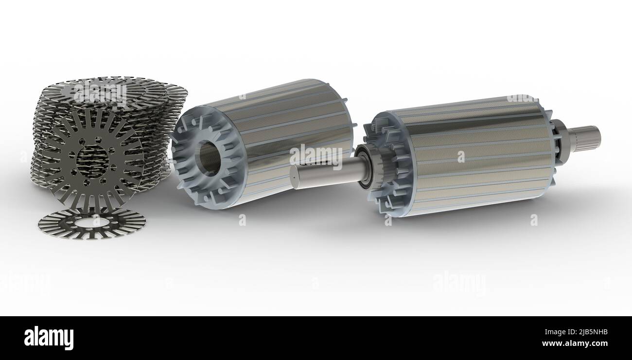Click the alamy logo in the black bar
coord(49,338)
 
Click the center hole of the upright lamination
coord(92,161)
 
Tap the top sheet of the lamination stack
coord(112,90)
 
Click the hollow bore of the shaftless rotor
coord(210,158)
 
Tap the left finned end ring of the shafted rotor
coord(389,165)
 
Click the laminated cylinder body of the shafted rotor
coord(481,156)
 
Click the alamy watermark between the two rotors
coord(316,156)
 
